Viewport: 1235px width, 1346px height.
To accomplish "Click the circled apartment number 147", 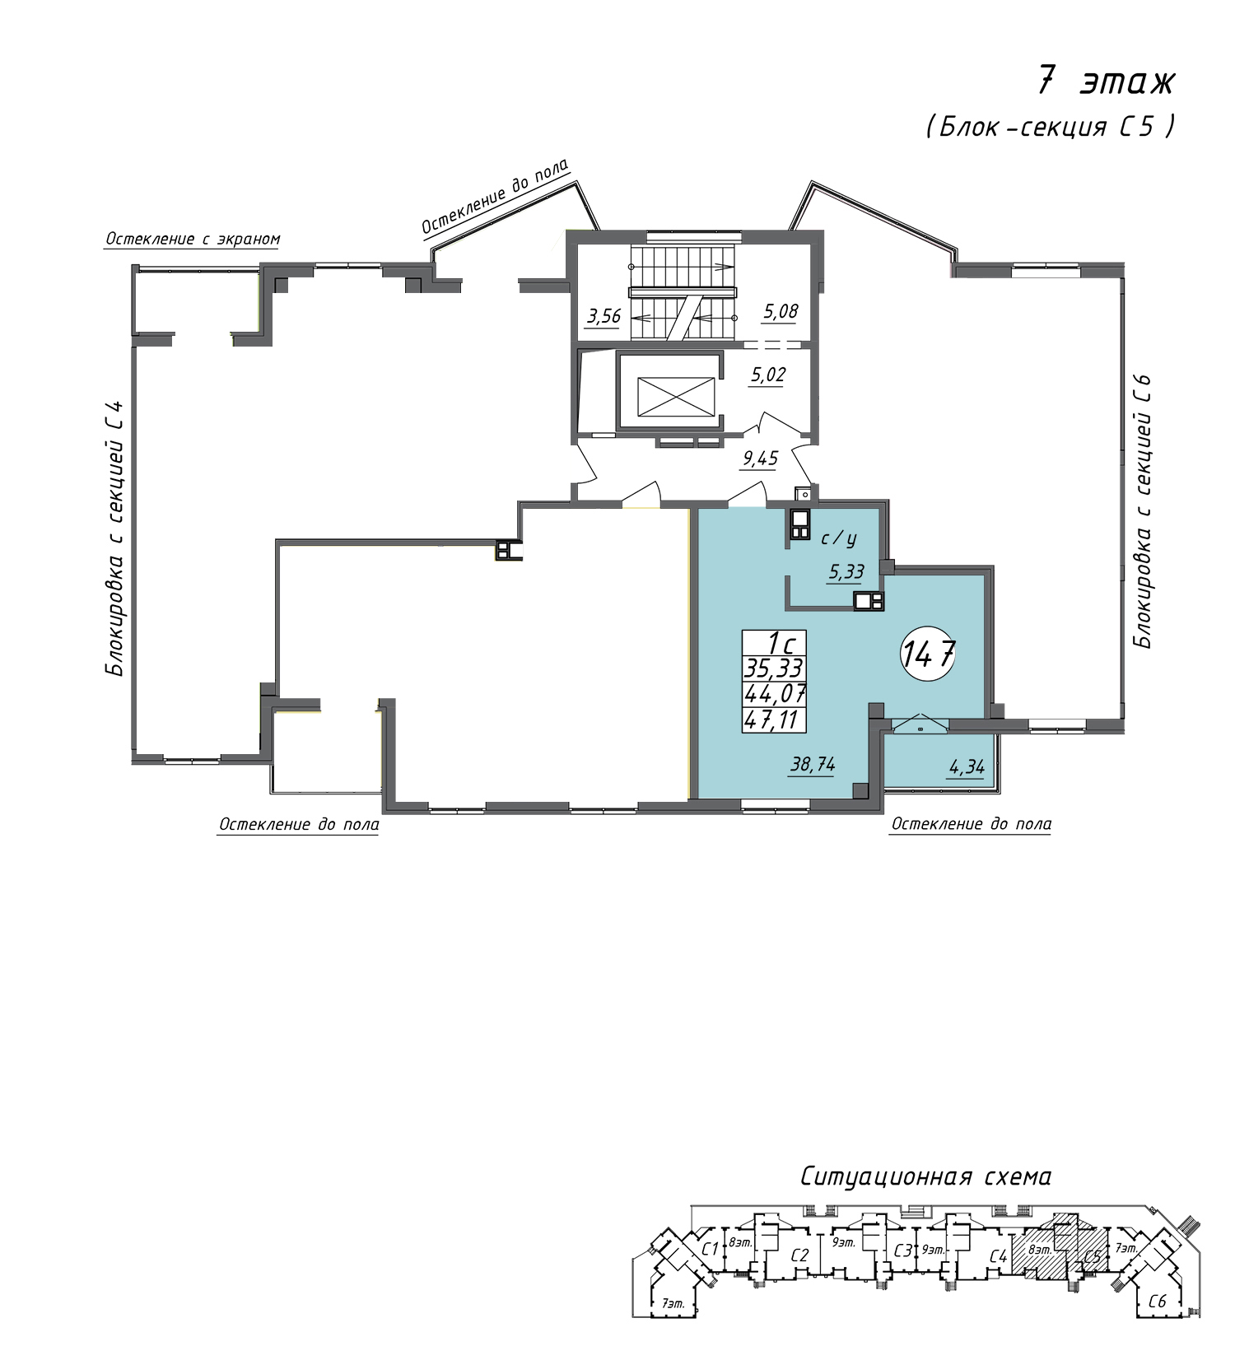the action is point(929,655).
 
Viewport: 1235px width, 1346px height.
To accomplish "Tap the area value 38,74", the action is point(813,765).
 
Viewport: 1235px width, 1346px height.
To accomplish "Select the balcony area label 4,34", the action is point(967,768).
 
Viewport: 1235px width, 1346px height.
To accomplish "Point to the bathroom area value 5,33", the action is point(846,572).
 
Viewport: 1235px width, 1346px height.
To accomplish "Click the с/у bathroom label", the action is point(839,538).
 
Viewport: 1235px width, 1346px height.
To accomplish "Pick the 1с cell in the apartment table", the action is point(774,643).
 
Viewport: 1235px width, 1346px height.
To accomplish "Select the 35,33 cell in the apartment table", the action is point(774,668).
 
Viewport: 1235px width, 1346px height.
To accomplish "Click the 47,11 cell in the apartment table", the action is point(774,720).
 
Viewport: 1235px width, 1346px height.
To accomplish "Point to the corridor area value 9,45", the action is point(759,459).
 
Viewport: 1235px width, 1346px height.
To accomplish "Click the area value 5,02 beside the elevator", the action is point(767,375).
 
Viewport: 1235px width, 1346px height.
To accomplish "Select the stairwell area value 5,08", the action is point(780,312).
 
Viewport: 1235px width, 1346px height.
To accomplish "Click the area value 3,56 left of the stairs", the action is point(604,316).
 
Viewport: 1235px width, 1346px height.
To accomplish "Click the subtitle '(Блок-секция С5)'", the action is point(1051,127).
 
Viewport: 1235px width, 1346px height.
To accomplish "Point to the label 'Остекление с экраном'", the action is point(193,240).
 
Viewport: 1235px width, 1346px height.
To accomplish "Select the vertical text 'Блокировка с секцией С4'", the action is point(115,538).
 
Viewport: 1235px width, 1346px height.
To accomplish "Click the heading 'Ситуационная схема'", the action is point(925,1177).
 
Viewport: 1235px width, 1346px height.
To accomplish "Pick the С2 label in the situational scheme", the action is point(799,1256).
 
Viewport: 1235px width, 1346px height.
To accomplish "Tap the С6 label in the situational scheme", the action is point(1157,1302).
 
